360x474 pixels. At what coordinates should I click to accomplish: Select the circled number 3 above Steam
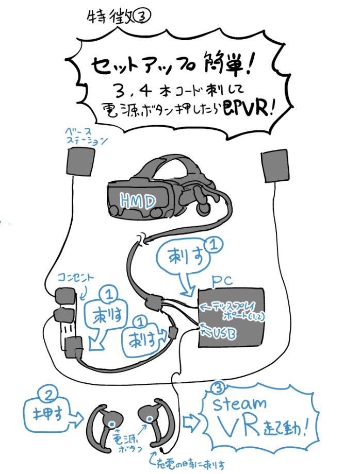point(219,386)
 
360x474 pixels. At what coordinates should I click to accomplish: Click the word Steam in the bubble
point(243,403)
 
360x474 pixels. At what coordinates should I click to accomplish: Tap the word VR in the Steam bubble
point(235,427)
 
